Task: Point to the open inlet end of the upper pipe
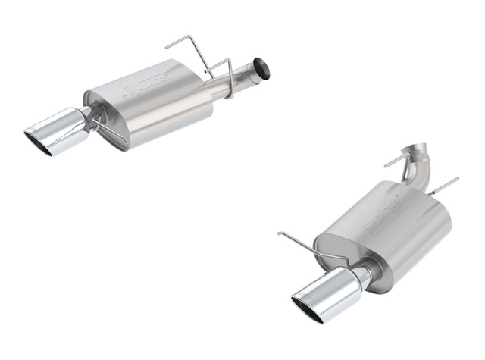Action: (262, 68)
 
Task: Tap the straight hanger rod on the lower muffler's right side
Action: (443, 186)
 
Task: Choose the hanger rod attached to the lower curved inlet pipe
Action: (397, 160)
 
